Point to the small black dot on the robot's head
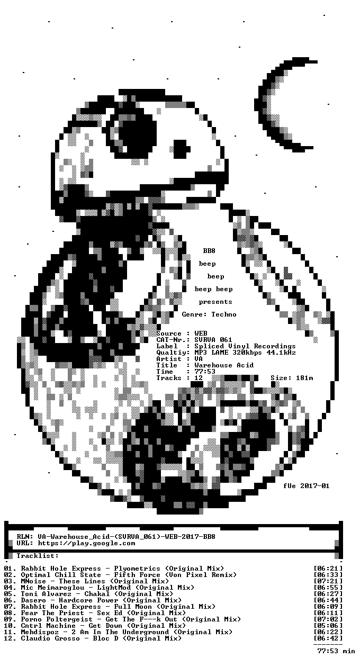(182, 149)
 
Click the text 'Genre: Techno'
(209, 314)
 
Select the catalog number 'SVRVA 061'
(213, 340)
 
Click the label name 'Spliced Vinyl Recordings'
(245, 346)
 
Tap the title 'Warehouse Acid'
(224, 365)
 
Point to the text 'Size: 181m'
(292, 378)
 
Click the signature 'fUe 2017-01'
(307, 485)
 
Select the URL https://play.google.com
(86, 543)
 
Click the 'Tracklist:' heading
(38, 556)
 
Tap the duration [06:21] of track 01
(328, 568)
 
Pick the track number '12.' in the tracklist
(10, 638)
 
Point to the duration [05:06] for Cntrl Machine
(328, 625)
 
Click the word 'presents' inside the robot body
(215, 302)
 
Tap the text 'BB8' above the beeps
(209, 251)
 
